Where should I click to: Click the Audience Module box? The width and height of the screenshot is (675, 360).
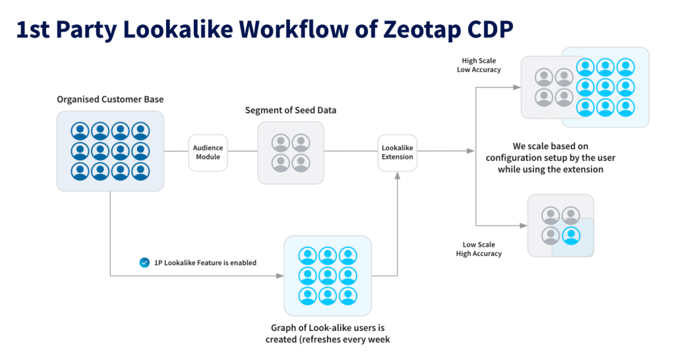pos(208,152)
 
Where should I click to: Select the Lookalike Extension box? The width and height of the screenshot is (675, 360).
pos(397,152)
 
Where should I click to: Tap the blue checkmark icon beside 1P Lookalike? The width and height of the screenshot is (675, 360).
pos(144,262)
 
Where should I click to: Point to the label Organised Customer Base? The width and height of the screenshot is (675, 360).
pos(110,100)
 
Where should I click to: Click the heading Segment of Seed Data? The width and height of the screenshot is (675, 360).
pos(291,110)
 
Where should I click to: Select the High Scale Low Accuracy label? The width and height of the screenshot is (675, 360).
pos(479,65)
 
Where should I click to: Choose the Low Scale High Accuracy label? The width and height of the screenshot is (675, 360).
pos(479,249)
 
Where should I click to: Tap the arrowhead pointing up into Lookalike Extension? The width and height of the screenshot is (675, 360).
pos(397,175)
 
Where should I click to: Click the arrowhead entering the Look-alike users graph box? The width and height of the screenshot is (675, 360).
pos(279,276)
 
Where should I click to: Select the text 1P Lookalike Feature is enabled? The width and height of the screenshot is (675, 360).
pos(205,262)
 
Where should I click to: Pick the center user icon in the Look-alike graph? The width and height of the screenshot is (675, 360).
pos(328,276)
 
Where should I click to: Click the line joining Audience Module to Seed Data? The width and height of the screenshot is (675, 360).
pos(242,152)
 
